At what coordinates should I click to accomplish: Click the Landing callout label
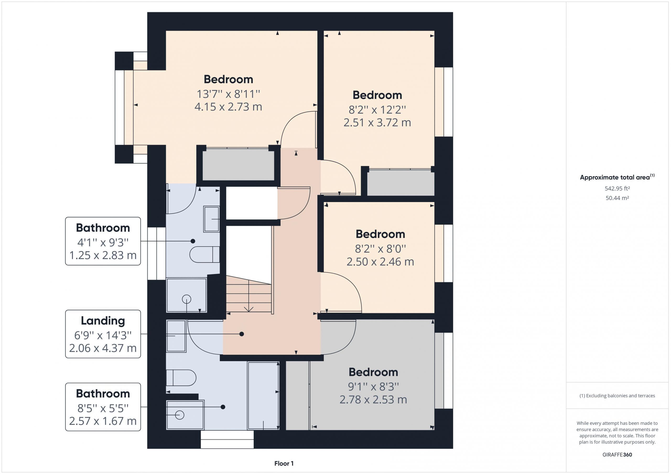(x=103, y=321)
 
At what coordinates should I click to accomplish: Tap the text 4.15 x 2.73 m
(x=228, y=107)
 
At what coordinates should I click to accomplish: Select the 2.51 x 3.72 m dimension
(x=377, y=122)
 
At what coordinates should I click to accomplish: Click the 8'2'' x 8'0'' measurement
(x=381, y=249)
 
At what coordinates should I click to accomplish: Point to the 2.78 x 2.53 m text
(x=373, y=400)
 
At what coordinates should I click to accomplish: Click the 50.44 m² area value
(x=617, y=198)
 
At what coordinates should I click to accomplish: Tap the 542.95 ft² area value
(x=617, y=188)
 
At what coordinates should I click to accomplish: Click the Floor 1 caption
(x=284, y=464)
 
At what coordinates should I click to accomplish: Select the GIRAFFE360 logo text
(x=617, y=455)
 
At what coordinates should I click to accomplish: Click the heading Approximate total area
(x=615, y=177)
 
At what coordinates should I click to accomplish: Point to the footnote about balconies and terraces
(x=617, y=396)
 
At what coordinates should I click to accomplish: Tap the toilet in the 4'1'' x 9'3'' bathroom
(x=204, y=254)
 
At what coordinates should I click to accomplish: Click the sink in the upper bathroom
(x=211, y=219)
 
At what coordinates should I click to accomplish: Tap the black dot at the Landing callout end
(x=242, y=334)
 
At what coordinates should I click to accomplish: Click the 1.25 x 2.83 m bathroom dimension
(x=103, y=255)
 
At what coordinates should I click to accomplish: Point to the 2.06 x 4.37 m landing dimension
(x=103, y=348)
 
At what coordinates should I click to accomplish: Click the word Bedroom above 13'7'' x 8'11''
(x=228, y=79)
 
